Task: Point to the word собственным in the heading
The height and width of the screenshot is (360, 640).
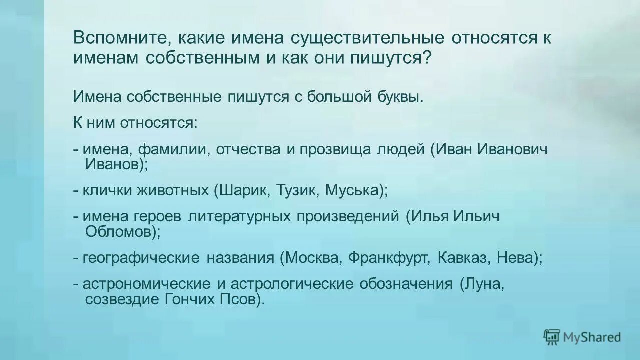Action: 201,58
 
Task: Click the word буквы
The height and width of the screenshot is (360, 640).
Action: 399,96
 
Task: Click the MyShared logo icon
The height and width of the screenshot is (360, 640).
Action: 552,337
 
